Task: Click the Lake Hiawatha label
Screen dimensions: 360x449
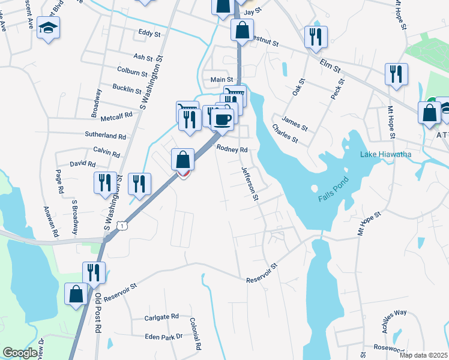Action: (385, 155)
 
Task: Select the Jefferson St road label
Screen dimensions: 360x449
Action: (250, 184)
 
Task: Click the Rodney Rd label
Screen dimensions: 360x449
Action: (232, 149)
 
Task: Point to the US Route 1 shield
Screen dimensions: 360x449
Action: (122, 226)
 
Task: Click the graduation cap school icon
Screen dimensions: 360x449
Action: (48, 28)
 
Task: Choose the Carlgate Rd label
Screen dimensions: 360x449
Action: (161, 317)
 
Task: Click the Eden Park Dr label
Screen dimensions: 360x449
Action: (163, 337)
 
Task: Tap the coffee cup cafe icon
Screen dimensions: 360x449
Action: (222, 118)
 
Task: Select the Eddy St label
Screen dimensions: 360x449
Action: (149, 34)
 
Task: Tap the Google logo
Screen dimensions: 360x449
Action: (20, 353)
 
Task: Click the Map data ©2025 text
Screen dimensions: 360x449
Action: (423, 355)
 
